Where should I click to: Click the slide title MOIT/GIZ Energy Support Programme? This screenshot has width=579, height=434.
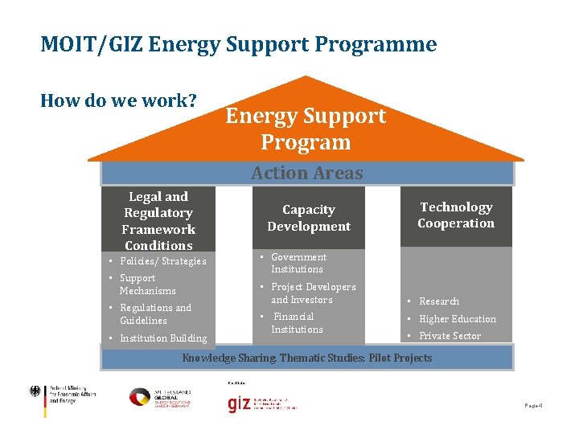[238, 43]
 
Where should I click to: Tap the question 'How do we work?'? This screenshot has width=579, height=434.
[118, 100]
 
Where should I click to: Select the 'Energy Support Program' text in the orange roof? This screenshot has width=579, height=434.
[306, 129]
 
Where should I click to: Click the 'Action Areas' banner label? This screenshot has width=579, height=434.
[306, 173]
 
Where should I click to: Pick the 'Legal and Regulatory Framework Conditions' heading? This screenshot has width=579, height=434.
[158, 221]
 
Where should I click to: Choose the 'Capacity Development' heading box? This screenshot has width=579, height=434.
[309, 218]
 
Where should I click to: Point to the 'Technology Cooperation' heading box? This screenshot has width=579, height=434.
[456, 215]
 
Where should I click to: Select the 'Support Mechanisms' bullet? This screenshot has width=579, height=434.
[146, 285]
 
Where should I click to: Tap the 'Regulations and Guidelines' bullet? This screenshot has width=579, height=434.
[155, 314]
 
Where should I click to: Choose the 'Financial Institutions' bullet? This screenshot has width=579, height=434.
[297, 323]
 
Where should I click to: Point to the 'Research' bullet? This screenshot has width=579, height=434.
[438, 301]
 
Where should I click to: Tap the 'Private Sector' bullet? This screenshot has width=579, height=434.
[450, 336]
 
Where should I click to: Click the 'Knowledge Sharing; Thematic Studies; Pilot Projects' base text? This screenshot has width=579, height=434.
[306, 358]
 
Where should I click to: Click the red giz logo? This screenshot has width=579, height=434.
[239, 404]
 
